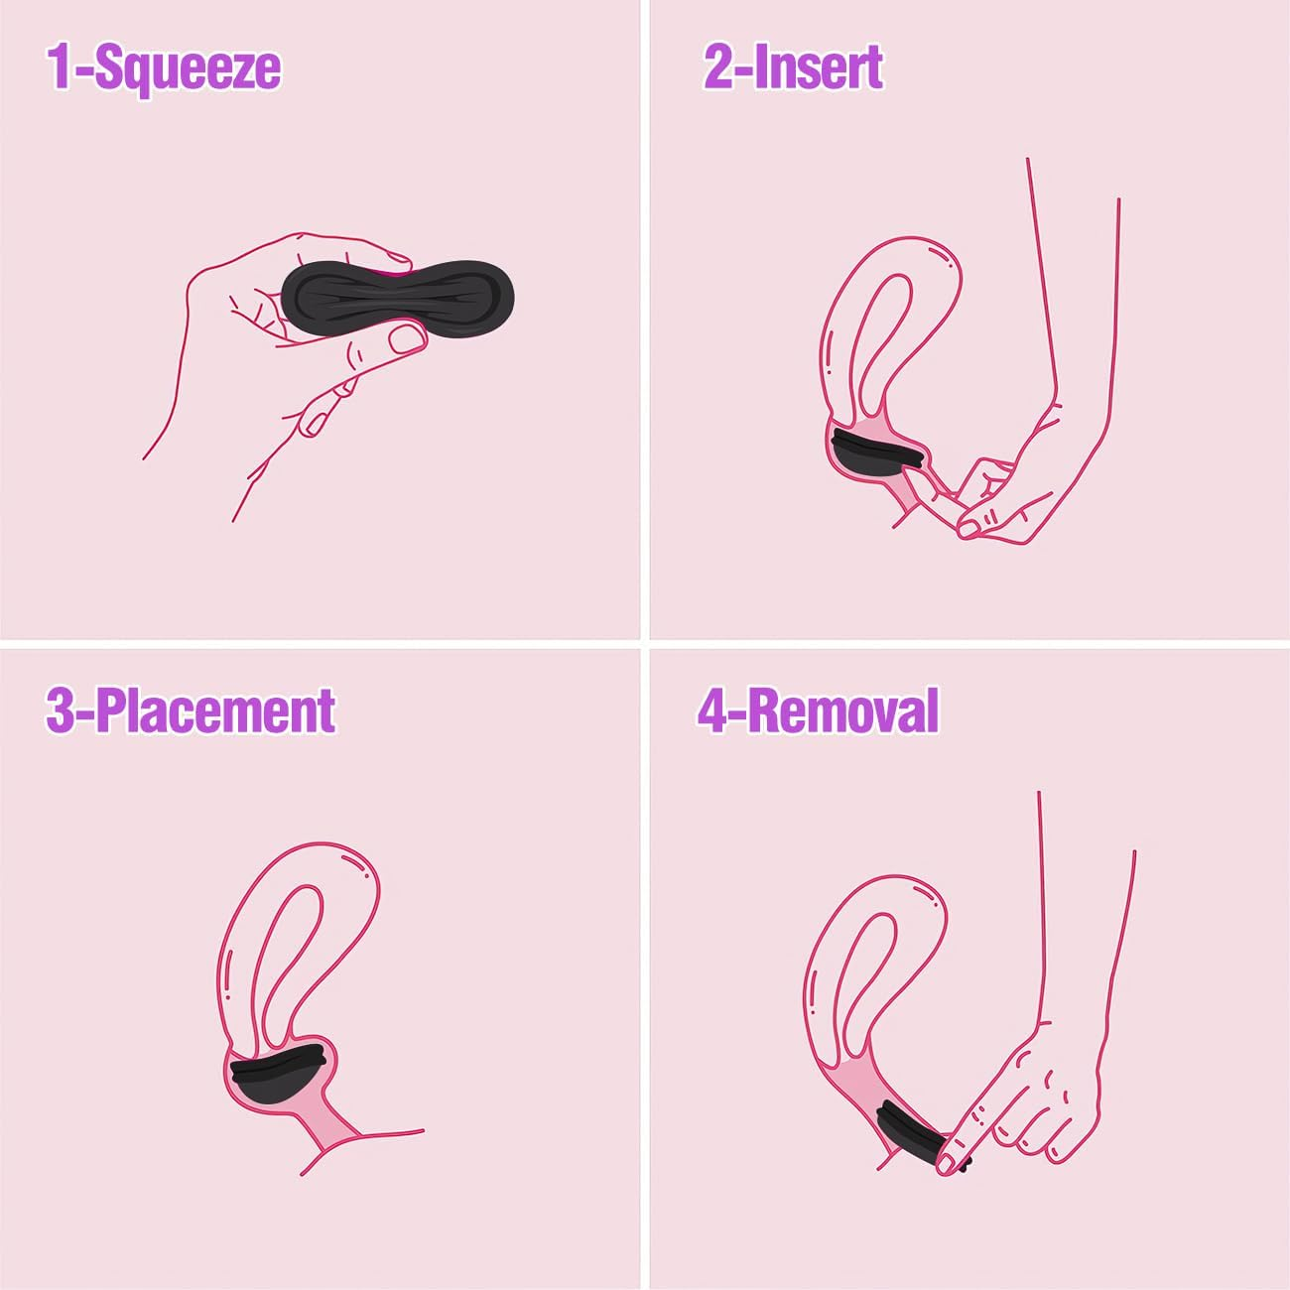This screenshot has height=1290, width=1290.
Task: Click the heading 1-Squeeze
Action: tap(164, 67)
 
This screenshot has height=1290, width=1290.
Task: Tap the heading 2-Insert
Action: tap(793, 67)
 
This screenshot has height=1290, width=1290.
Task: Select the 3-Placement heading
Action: tap(191, 710)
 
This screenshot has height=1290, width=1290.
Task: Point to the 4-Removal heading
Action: tap(818, 710)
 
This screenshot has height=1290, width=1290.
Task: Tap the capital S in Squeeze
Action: tap(108, 67)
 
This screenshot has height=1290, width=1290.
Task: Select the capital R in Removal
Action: tap(765, 710)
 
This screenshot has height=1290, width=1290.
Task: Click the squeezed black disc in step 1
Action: tap(397, 298)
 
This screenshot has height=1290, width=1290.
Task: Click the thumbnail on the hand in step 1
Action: tap(408, 339)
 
